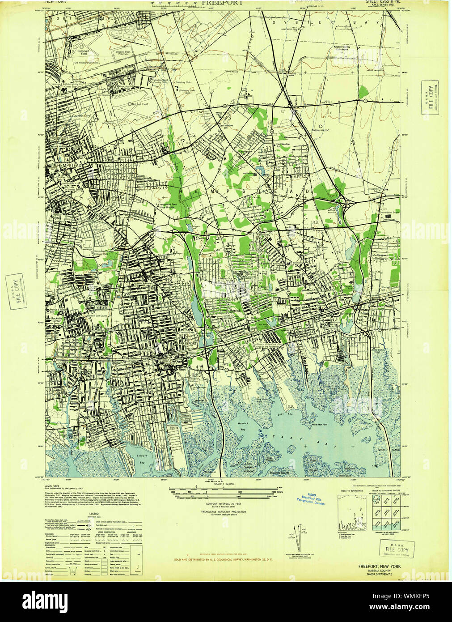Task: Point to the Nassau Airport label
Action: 320,130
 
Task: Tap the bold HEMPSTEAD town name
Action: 68,165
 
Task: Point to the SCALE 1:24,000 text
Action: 224,484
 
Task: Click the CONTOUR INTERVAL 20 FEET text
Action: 224,504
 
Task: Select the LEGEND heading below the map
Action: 94,514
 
